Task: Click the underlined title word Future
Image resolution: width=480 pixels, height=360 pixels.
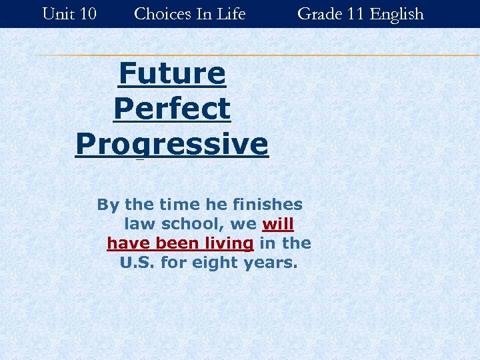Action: pos(172,73)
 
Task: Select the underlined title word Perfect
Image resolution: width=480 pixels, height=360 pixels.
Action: pos(172,109)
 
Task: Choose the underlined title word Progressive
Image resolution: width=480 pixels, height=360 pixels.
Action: pos(172,144)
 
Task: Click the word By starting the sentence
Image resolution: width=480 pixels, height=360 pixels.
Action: pos(109,205)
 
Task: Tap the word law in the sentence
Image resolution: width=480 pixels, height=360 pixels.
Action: pos(138,224)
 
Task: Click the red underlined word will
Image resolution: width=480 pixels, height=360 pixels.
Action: pos(278,224)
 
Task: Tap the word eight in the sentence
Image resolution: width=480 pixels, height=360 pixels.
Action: pos(213,263)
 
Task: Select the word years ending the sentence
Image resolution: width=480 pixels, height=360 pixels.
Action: pos(270,263)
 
